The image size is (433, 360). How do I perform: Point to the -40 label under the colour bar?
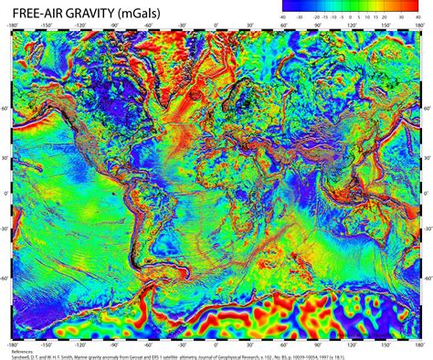tap(284, 16)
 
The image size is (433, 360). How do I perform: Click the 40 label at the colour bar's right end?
tap(417, 16)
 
